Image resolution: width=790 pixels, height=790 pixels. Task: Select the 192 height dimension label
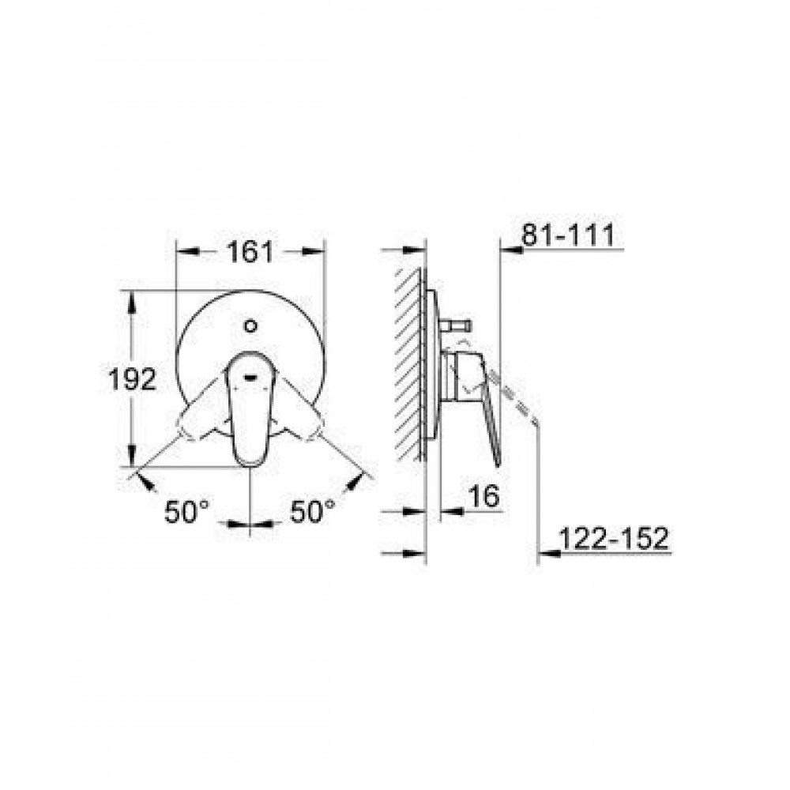133,379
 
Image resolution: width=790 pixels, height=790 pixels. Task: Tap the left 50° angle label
186,512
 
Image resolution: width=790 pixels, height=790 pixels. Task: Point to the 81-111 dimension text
568,235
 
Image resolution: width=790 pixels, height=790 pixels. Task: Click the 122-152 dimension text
614,539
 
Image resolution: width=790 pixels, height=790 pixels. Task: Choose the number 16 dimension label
483,496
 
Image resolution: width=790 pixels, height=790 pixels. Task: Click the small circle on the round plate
250,325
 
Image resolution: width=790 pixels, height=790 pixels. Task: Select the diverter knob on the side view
456,325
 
